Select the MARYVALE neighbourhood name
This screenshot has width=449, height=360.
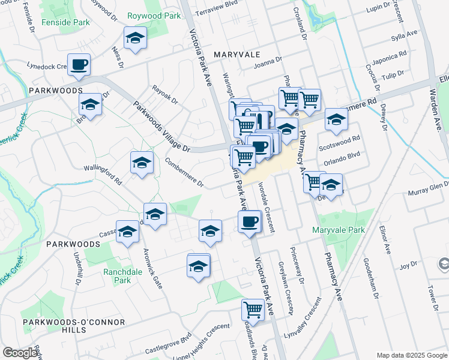pyautogui.click(x=237, y=55)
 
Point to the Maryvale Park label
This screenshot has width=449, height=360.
pyautogui.click(x=339, y=230)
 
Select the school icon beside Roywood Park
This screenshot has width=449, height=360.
pyautogui.click(x=136, y=38)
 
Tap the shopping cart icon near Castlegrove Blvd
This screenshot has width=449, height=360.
pyautogui.click(x=253, y=310)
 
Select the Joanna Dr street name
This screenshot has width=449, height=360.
pyautogui.click(x=268, y=62)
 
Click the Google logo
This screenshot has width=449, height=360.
pyautogui.click(x=20, y=353)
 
